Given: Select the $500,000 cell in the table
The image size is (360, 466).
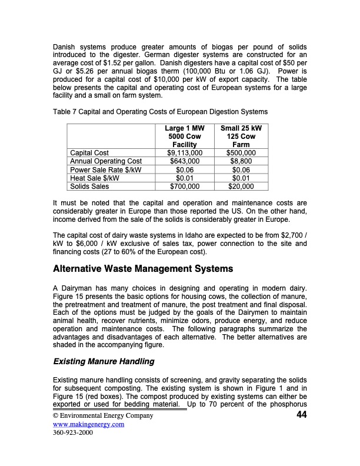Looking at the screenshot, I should [241, 153].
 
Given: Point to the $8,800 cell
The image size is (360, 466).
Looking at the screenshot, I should [241, 161].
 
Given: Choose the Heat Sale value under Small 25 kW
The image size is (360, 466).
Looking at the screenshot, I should [241, 178].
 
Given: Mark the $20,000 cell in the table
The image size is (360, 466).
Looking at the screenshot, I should [241, 187].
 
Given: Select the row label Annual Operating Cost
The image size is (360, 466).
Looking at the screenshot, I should [106, 161].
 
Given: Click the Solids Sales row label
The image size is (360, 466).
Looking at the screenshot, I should [89, 187].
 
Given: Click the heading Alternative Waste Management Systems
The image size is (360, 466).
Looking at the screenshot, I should [143, 269].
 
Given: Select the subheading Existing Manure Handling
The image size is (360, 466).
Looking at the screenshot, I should [104, 361].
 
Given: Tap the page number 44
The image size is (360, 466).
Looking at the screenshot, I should [302, 415].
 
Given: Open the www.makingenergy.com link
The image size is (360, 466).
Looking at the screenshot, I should [88, 424].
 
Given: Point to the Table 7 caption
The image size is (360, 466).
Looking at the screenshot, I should [160, 112].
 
